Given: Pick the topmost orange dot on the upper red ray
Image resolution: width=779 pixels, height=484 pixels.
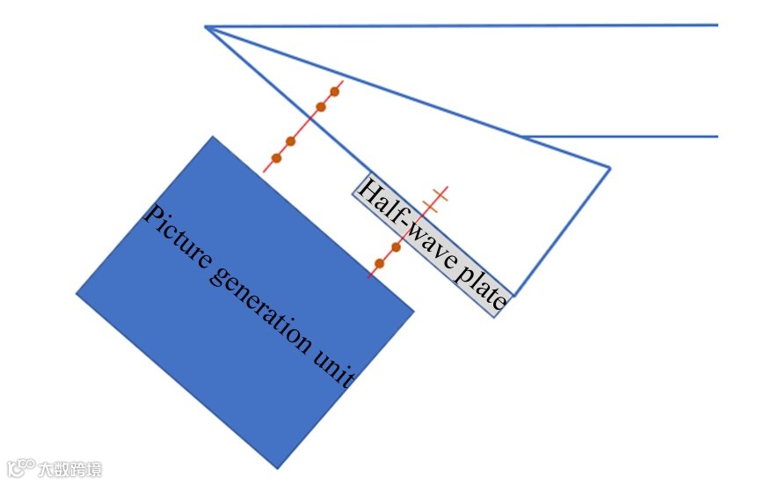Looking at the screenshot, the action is (335, 91).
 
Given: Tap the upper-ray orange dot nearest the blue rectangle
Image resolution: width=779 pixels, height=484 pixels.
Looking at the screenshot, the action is (276, 158).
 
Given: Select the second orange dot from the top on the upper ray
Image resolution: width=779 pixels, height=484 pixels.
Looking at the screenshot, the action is (321, 107).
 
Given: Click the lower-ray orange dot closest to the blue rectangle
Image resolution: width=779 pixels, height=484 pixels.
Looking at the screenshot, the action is (379, 263).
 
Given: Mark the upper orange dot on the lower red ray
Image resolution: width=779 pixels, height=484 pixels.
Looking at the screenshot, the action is (396, 247).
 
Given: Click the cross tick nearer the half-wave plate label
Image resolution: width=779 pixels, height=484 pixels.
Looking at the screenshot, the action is (430, 207).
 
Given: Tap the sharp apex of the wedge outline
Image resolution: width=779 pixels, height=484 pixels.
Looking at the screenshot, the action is (206, 27).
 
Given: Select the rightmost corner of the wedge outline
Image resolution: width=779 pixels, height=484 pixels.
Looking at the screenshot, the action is (609, 167).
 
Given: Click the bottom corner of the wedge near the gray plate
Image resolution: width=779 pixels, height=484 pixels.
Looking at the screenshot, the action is (514, 297).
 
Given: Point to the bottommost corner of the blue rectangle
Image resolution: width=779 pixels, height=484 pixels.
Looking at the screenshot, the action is (278, 468).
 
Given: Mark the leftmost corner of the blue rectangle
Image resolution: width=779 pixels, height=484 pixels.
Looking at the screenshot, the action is (77, 294).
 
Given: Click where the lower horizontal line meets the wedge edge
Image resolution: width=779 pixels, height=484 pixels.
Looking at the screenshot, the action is (522, 136).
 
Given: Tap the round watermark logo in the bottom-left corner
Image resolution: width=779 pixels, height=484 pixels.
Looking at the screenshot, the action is (21, 467).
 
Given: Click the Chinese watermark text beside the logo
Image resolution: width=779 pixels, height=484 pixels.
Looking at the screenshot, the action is (69, 469).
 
